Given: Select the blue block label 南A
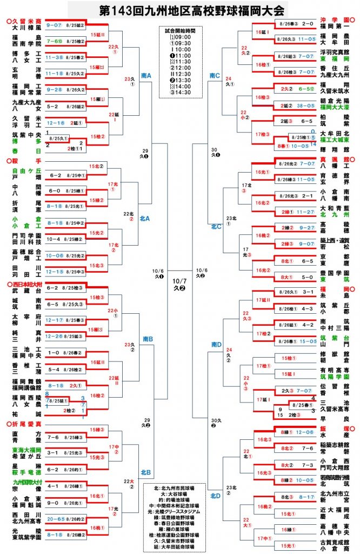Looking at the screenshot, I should pos(145,76).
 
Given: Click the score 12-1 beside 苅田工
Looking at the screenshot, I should pos(56,272).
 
